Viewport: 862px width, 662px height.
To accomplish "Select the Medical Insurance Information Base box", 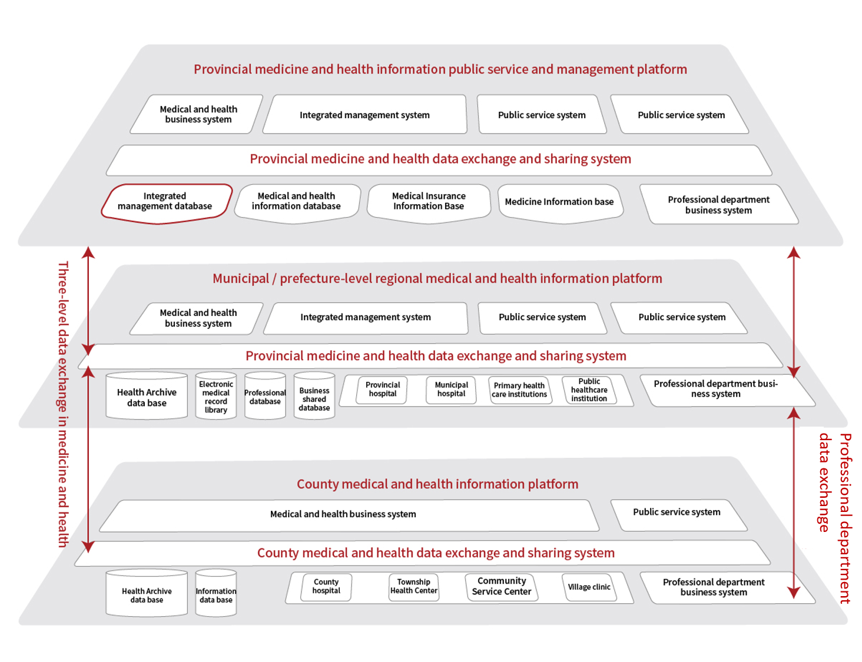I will [429, 202].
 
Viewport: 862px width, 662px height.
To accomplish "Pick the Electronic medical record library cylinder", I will [216, 397].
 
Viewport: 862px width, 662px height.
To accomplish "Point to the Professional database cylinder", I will [265, 397].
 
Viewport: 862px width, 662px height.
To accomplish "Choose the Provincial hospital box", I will [383, 390].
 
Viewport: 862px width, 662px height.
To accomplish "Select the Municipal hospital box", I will [452, 390].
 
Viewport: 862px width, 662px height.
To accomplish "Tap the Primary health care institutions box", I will [519, 390].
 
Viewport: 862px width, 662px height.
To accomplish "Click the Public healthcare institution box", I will [589, 390].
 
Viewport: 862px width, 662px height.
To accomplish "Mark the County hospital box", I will [326, 587].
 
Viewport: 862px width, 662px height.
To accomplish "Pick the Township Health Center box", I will [414, 587].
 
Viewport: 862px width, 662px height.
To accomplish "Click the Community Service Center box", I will [502, 587].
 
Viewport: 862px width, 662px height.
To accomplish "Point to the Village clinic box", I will [589, 587].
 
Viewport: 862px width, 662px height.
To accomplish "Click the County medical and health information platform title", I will [437, 484].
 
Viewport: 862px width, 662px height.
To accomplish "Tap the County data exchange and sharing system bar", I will [436, 553].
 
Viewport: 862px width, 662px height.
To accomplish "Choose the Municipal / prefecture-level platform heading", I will [437, 278].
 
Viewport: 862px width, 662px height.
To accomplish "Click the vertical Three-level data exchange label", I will [63, 404].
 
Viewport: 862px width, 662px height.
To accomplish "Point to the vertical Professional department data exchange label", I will [836, 518].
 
